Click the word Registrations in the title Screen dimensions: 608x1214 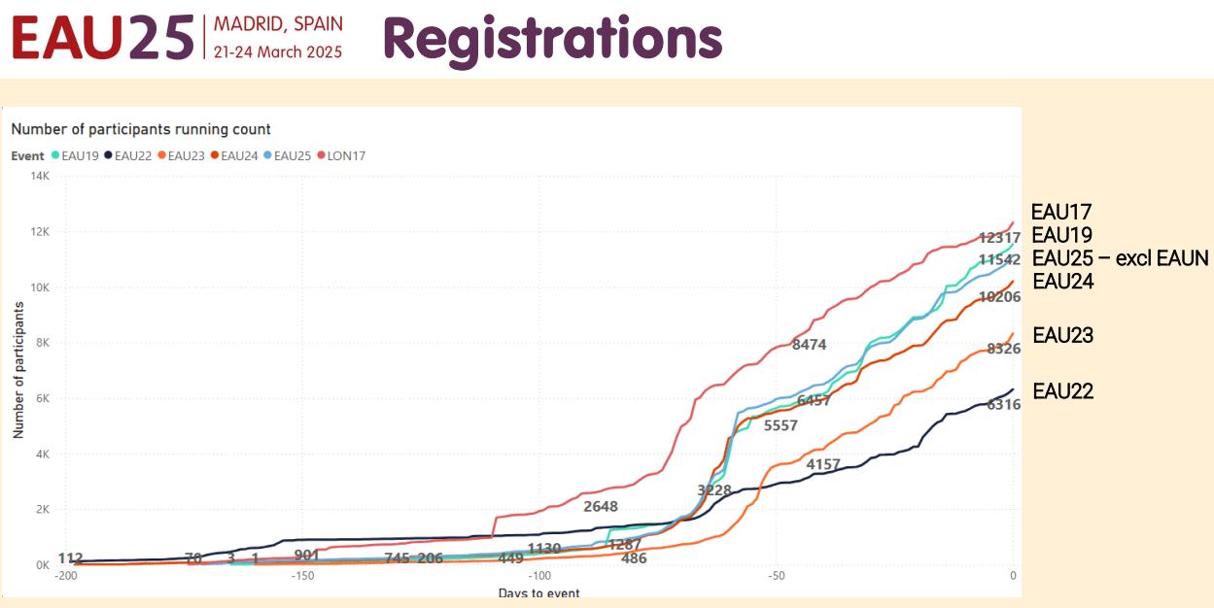click(552, 37)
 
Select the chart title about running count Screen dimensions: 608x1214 click(141, 129)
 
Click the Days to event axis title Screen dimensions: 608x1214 click(538, 592)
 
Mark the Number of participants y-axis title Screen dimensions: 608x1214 click(18, 370)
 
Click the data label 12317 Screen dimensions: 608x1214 click(998, 238)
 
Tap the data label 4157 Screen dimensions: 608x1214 click(823, 465)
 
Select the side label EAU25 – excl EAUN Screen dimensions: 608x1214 click(1119, 258)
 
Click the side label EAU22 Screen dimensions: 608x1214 click(1062, 391)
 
